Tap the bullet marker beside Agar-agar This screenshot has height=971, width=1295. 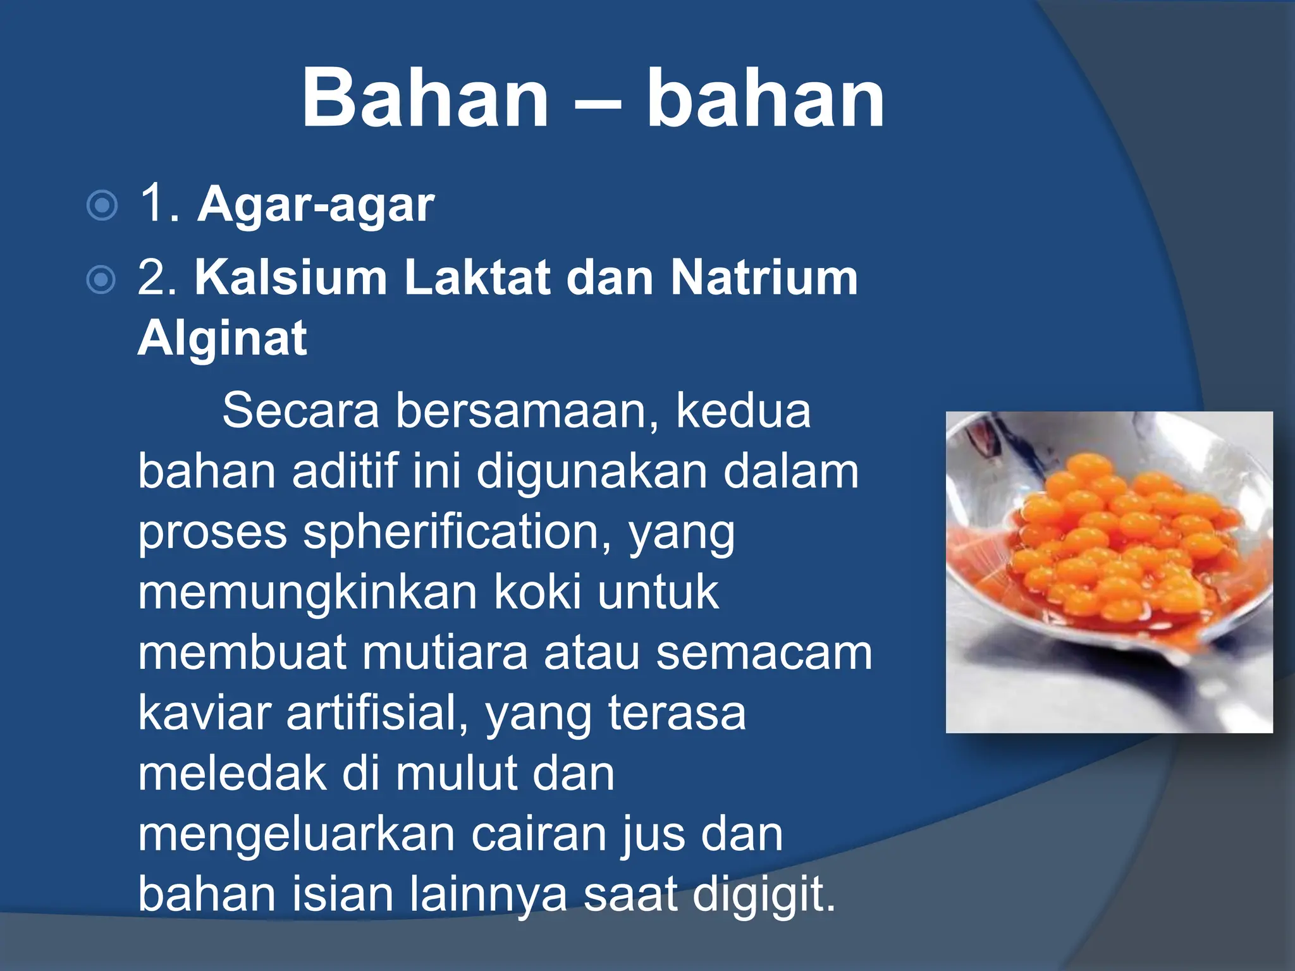click(102, 205)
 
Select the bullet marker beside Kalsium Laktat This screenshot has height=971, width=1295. click(101, 279)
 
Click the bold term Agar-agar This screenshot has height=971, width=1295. click(316, 205)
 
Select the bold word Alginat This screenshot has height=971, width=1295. click(223, 339)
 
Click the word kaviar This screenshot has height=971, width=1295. click(204, 714)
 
